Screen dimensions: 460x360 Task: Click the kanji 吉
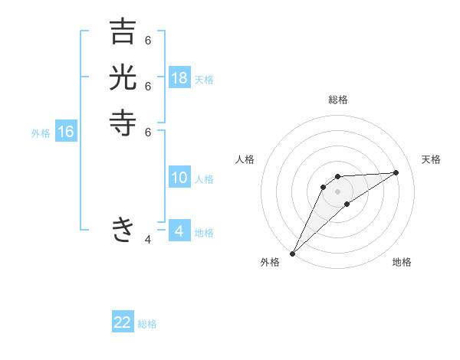[x=123, y=32]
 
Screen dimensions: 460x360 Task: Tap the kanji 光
[x=123, y=77]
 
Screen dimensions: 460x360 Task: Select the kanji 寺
[x=123, y=123]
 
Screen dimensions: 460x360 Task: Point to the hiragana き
[x=123, y=229]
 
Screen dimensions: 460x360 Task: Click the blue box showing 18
[x=179, y=77]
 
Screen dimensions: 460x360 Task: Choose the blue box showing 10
[x=179, y=178]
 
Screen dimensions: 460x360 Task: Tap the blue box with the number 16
[x=66, y=132]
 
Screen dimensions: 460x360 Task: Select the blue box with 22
[x=123, y=322]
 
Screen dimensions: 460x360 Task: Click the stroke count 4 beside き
[x=148, y=240]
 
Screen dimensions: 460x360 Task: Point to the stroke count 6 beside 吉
[x=148, y=41]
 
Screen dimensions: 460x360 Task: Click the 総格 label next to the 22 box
[x=147, y=324]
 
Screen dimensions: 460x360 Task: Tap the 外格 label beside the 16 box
[x=41, y=133]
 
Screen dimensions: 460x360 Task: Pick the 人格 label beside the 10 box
[x=204, y=179]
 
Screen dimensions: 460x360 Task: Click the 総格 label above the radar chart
[x=338, y=100]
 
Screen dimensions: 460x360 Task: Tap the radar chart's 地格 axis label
[x=402, y=262]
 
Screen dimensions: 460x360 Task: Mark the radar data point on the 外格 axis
[x=292, y=253]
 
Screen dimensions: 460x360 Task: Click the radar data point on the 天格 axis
[x=396, y=172]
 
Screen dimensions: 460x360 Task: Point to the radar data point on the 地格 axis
[x=347, y=203]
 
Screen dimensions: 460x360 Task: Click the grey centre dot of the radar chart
[x=338, y=191]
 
